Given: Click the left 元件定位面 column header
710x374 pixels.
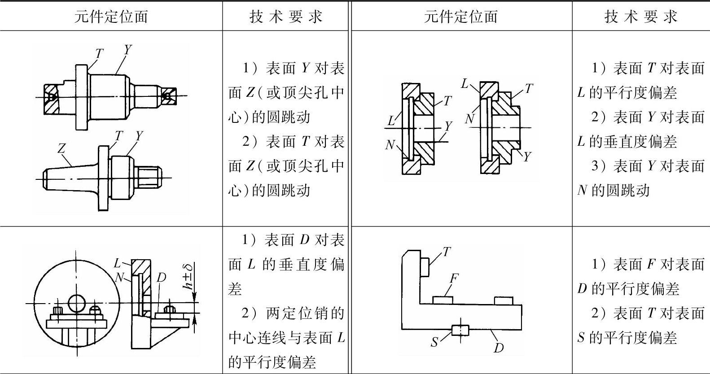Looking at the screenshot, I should pyautogui.click(x=110, y=17).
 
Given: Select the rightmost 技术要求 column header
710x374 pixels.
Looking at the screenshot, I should pyautogui.click(x=640, y=17).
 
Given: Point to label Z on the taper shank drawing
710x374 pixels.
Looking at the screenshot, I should pyautogui.click(x=62, y=148).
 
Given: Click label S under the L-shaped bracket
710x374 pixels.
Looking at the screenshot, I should pyautogui.click(x=434, y=343).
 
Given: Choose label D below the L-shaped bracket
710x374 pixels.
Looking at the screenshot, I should pyautogui.click(x=498, y=348).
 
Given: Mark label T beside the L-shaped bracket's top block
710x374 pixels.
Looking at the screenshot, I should pyautogui.click(x=446, y=252).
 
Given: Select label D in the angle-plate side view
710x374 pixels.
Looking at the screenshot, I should pyautogui.click(x=161, y=278).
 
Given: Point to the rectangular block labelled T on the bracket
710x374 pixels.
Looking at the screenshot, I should pyautogui.click(x=425, y=267).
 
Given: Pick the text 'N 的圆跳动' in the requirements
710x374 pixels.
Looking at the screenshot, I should pyautogui.click(x=613, y=191).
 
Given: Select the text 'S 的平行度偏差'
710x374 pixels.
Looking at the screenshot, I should pyautogui.click(x=627, y=337).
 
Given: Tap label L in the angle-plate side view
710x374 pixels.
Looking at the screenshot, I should pyautogui.click(x=117, y=263).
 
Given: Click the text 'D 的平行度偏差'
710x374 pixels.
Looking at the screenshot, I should pyautogui.click(x=628, y=288).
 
